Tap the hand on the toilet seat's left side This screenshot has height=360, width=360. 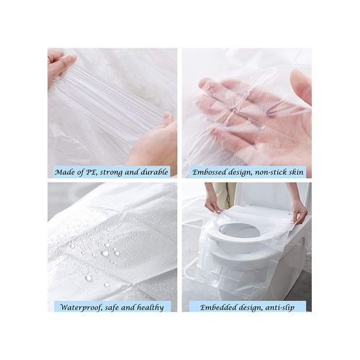pyautogui.click(x=213, y=205)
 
